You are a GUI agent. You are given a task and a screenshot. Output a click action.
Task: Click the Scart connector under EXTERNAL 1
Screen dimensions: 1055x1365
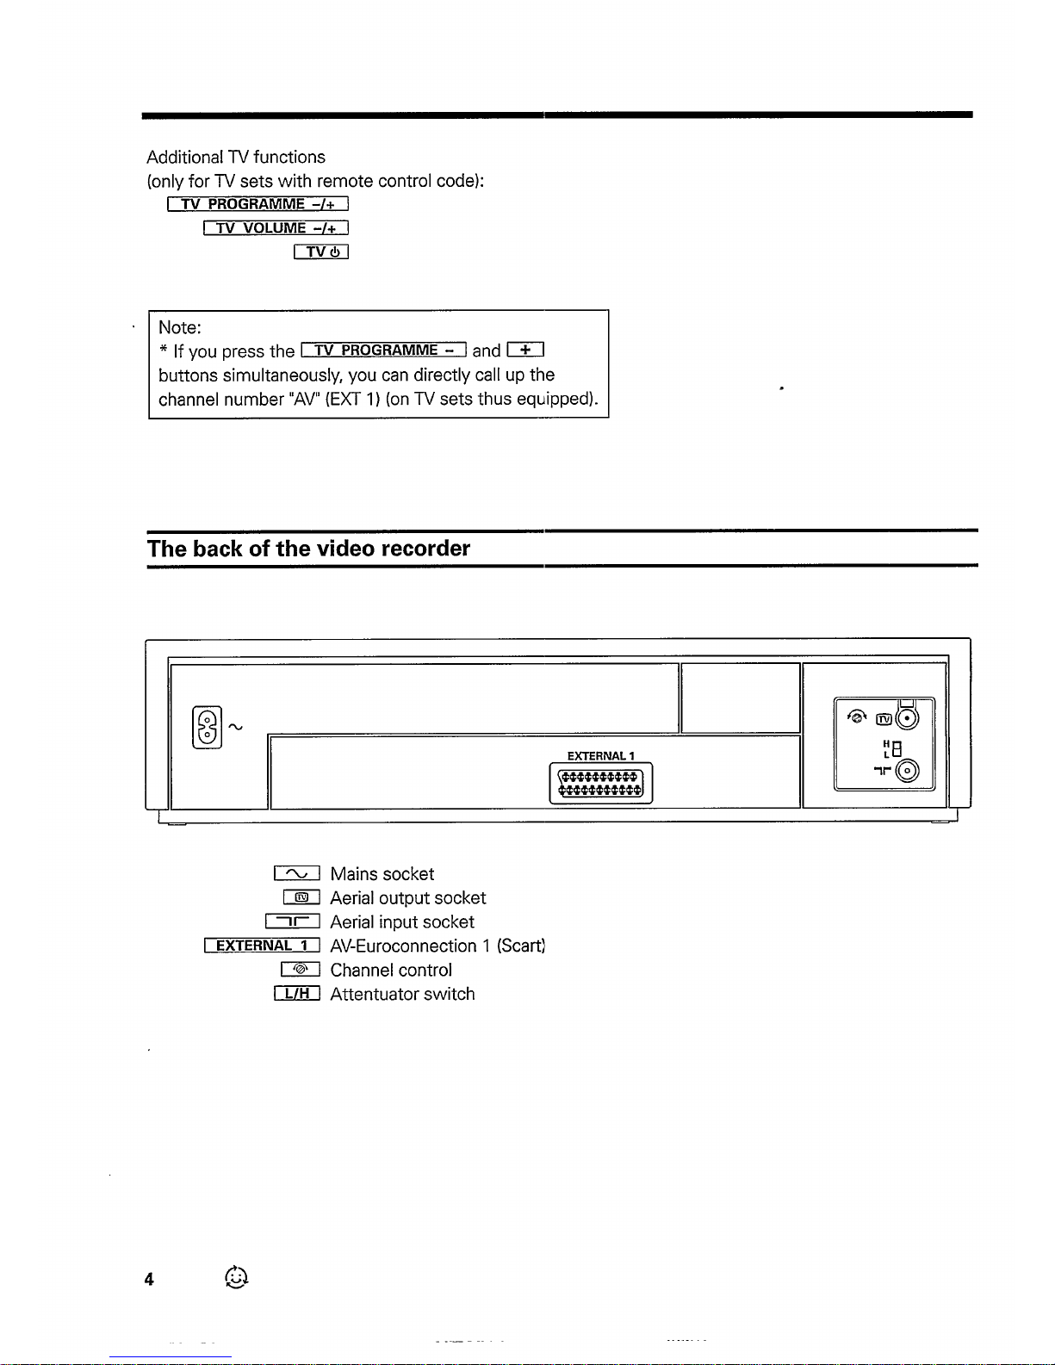tap(600, 784)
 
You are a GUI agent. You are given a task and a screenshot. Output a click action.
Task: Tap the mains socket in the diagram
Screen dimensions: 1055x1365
tap(208, 728)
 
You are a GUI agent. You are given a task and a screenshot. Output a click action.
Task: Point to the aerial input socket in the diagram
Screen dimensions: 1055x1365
tap(907, 772)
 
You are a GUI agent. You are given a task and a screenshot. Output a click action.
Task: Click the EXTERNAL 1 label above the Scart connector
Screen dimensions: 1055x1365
tap(600, 756)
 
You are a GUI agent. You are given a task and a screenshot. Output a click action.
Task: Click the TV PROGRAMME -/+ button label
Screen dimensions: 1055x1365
tap(258, 204)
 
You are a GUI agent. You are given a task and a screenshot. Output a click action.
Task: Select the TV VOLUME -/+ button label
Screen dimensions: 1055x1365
tap(276, 228)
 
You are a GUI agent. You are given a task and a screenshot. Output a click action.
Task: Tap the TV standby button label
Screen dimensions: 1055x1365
tap(320, 252)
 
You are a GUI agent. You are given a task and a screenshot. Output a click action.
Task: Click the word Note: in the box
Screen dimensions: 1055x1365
tap(180, 327)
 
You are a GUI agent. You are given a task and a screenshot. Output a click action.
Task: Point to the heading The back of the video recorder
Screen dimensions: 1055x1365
tap(308, 549)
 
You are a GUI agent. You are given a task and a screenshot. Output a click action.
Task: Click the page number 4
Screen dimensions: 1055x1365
tap(149, 1280)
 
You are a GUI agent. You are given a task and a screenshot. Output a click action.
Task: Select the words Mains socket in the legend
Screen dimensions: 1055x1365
tap(382, 874)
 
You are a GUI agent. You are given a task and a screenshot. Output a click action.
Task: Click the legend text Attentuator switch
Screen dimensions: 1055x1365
tap(402, 994)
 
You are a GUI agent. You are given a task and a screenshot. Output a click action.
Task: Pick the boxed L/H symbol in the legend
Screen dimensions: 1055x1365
tap(297, 994)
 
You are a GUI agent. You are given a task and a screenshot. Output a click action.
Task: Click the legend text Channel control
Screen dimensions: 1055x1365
tap(391, 970)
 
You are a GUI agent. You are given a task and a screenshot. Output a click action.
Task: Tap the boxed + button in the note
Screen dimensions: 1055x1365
tap(525, 350)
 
